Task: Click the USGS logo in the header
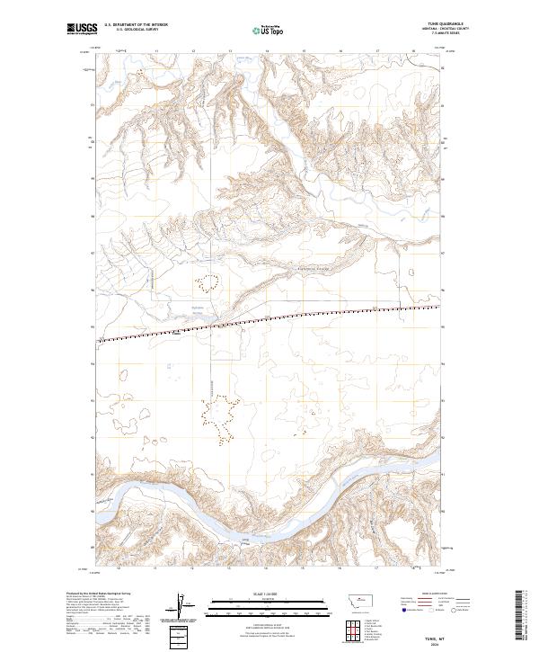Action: [83, 29]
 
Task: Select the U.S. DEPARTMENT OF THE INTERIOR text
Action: [137, 25]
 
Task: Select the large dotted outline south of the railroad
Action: [219, 418]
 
